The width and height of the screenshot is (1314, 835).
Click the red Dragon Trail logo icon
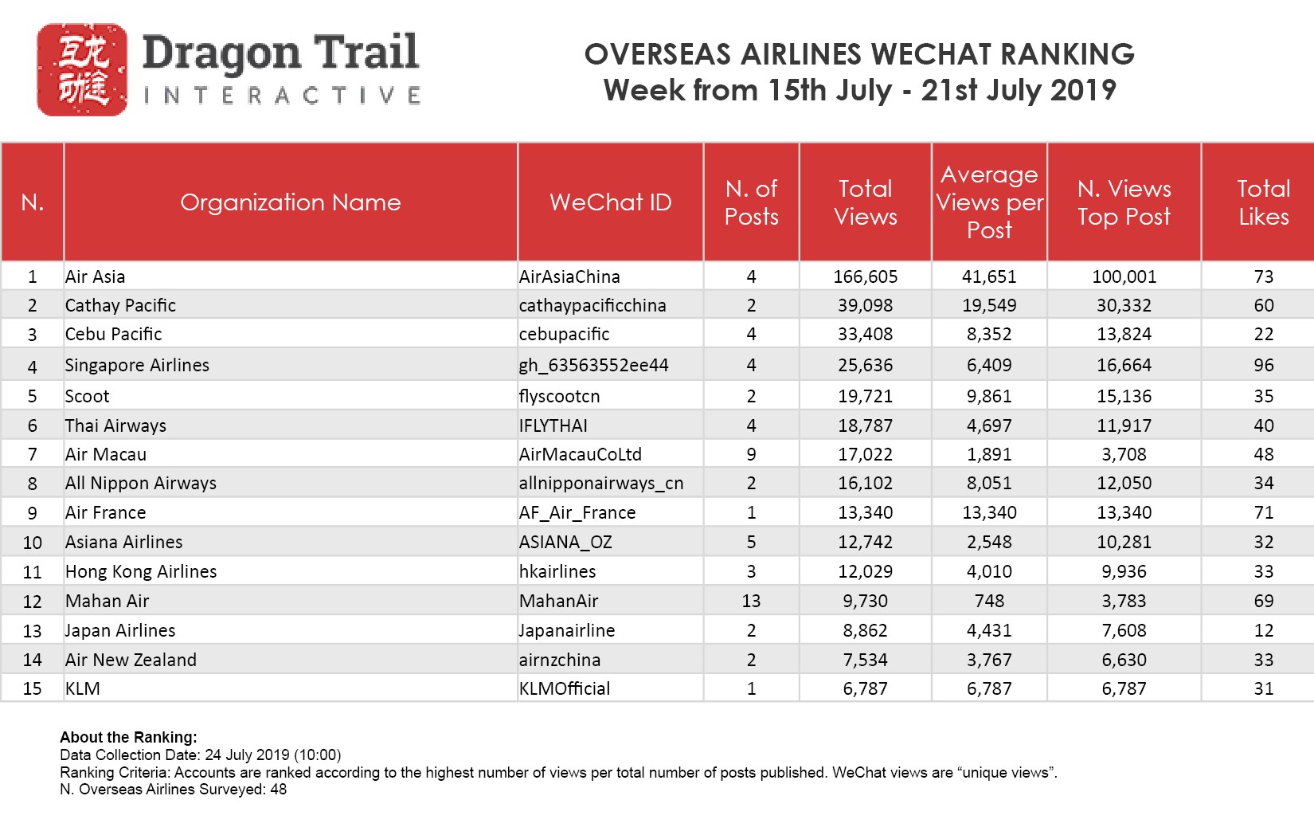pyautogui.click(x=82, y=70)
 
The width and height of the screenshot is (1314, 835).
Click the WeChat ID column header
pyautogui.click(x=611, y=202)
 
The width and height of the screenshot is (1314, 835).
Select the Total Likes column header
pyautogui.click(x=1264, y=202)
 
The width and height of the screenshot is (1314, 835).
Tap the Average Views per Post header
pyautogui.click(x=989, y=202)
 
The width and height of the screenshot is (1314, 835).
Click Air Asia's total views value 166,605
pyautogui.click(x=865, y=276)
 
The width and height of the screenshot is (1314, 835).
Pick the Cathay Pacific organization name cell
pyautogui.click(x=120, y=305)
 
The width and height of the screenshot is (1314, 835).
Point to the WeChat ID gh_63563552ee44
pyautogui.click(x=593, y=365)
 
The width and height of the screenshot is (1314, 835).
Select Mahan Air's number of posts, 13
pyautogui.click(x=751, y=601)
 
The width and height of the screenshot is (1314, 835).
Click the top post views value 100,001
pyautogui.click(x=1124, y=276)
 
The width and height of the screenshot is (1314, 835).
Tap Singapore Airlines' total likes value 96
pyautogui.click(x=1264, y=365)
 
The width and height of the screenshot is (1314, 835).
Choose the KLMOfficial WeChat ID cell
pyautogui.click(x=565, y=688)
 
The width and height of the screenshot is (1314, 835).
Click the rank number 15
pyautogui.click(x=33, y=688)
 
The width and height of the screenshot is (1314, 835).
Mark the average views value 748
pyautogui.click(x=989, y=601)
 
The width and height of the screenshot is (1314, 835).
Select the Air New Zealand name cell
pyautogui.click(x=131, y=660)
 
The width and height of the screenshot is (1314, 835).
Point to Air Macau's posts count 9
pyautogui.click(x=751, y=454)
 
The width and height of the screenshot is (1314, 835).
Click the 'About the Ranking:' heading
pyautogui.click(x=128, y=737)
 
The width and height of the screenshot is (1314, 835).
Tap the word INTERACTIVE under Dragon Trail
pyautogui.click(x=283, y=96)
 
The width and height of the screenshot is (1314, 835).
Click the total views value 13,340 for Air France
pyautogui.click(x=865, y=512)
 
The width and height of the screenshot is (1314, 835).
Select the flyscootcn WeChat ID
pyautogui.click(x=559, y=396)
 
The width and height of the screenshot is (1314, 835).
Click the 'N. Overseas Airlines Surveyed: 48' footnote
pyautogui.click(x=173, y=790)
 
